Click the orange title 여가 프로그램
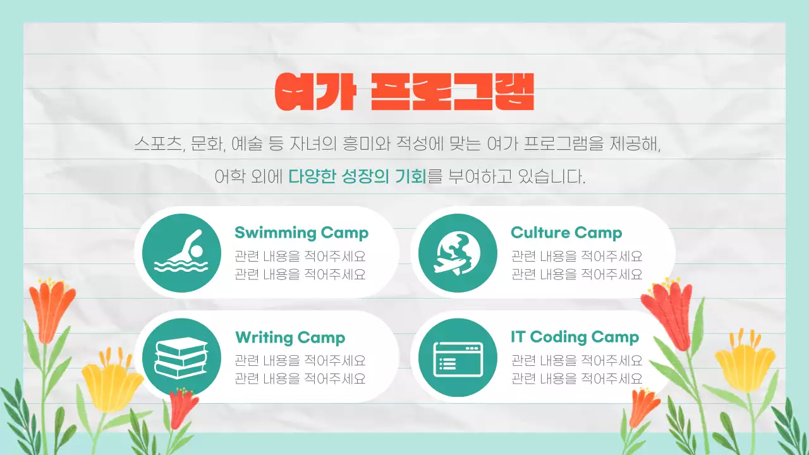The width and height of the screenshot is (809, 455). (404, 92)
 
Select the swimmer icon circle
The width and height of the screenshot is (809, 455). (181, 253)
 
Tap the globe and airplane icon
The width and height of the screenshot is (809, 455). (458, 253)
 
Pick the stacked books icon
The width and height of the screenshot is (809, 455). (181, 357)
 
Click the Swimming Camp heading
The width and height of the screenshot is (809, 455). (301, 233)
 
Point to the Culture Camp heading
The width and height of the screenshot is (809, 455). (566, 233)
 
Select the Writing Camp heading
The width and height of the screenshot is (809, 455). (290, 337)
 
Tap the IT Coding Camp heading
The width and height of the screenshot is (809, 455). (575, 337)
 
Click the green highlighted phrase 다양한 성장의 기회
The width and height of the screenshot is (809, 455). (358, 176)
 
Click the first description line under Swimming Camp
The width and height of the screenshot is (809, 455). (300, 257)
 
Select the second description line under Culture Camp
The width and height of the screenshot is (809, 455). (576, 274)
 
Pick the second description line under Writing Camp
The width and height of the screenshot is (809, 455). (300, 379)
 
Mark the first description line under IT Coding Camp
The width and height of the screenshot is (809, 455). (576, 361)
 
